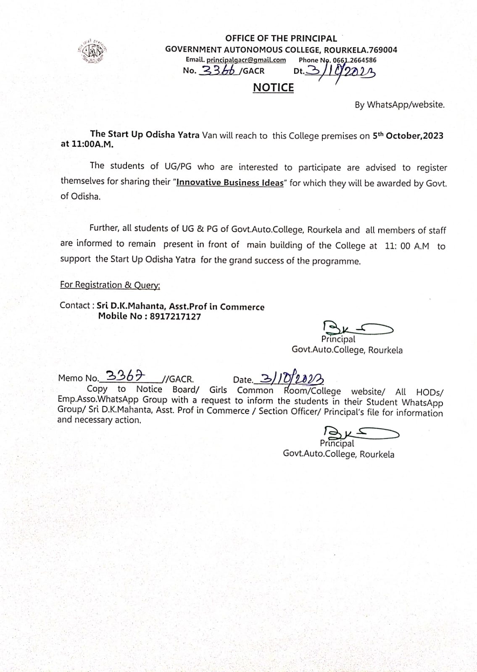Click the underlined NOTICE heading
point(273,87)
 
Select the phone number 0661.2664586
point(355,60)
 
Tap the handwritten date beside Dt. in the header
point(340,72)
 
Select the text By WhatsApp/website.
point(399,105)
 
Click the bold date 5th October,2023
point(408,136)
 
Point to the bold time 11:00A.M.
point(87,144)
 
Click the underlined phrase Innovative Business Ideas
point(230,183)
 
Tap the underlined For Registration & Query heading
point(110,285)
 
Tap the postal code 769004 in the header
point(382,50)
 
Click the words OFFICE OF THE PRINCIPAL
point(281,39)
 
